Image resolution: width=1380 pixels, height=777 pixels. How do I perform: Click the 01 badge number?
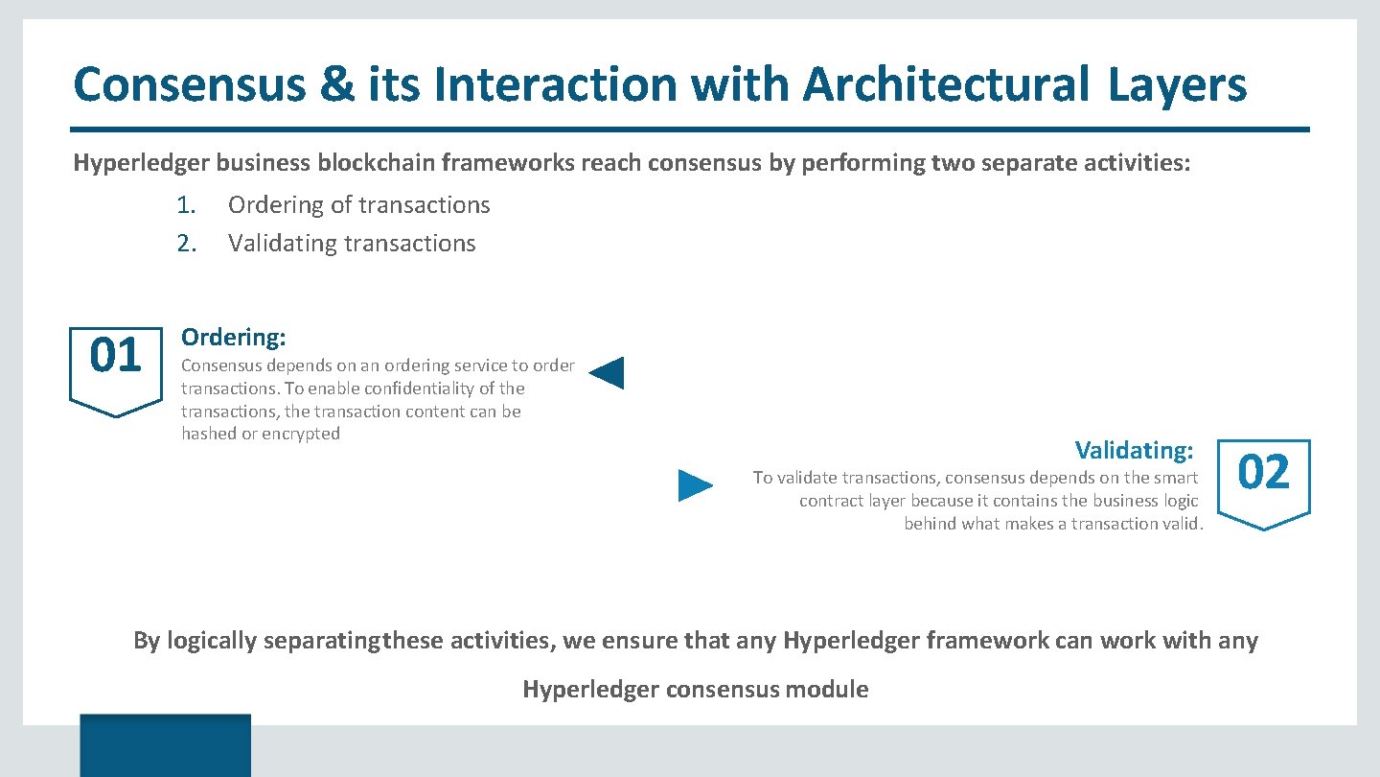click(115, 357)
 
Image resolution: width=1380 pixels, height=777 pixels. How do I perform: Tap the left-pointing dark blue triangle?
click(608, 372)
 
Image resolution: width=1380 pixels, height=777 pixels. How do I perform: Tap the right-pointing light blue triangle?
click(695, 485)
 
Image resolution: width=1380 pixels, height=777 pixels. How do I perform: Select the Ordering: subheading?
click(234, 337)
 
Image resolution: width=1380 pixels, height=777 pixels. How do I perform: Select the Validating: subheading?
click(1134, 450)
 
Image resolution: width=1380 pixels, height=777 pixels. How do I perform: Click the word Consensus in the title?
click(189, 84)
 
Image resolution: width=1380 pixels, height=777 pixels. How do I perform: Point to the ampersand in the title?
click(336, 84)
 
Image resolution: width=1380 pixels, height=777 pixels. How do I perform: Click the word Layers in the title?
click(1178, 84)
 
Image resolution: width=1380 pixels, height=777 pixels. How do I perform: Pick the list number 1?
click(186, 205)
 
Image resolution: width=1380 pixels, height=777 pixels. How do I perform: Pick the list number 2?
click(186, 244)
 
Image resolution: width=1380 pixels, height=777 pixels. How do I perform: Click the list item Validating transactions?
click(352, 244)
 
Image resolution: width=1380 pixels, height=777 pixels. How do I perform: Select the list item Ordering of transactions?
click(358, 205)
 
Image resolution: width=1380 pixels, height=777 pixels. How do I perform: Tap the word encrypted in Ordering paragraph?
click(301, 434)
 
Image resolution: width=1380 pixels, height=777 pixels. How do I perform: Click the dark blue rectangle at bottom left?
click(165, 744)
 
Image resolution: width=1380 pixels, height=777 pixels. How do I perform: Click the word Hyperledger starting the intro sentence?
click(141, 163)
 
